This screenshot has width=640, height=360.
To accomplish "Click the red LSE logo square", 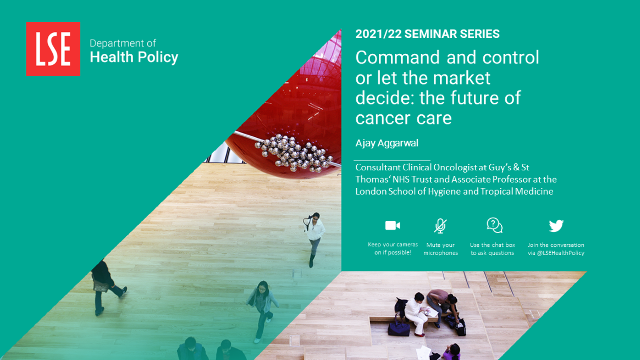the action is [x=53, y=48].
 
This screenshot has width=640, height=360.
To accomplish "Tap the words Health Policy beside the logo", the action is [x=134, y=58].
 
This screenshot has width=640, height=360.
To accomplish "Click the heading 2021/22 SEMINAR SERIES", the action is [x=427, y=34].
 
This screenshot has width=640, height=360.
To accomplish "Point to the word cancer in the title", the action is [x=381, y=119].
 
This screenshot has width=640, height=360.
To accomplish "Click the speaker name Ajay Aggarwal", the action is [x=387, y=143].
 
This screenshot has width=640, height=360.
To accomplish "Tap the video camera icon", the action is [x=393, y=225].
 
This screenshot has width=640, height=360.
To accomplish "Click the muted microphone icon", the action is [x=440, y=226].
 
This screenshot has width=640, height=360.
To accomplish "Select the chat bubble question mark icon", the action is [x=494, y=225].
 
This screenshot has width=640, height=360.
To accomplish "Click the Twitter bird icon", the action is [x=556, y=225].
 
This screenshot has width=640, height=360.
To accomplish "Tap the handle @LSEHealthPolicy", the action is [x=560, y=253].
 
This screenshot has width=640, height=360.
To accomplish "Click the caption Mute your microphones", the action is [x=440, y=249].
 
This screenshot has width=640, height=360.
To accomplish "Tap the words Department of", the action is [x=123, y=43].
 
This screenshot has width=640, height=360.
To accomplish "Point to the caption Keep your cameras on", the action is [x=393, y=248].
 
